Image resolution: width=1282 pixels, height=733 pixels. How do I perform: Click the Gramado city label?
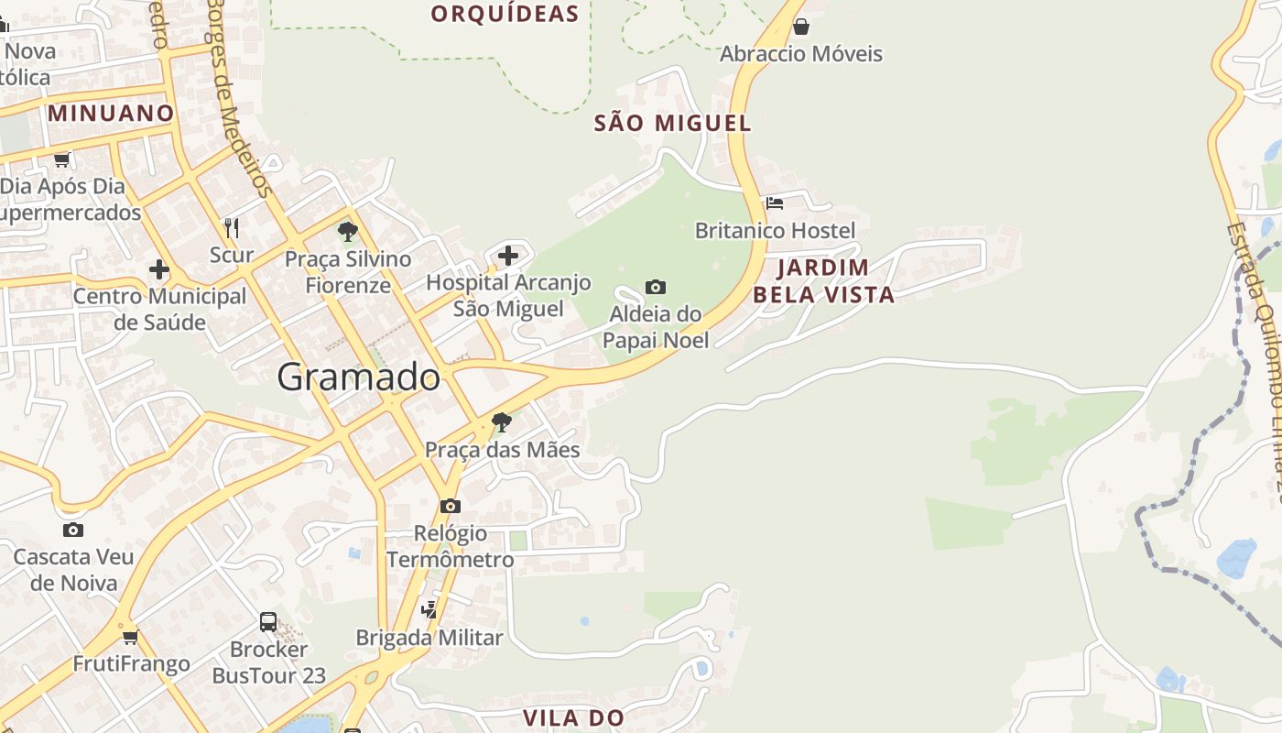[x=358, y=377]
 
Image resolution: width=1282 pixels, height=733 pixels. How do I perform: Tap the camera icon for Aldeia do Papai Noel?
[x=656, y=288]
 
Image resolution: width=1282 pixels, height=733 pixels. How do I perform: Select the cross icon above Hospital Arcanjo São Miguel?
[x=508, y=256]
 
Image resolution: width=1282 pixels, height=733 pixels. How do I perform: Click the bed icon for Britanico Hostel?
[x=775, y=203]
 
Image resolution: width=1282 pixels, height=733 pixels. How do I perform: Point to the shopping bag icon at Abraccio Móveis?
[x=801, y=27]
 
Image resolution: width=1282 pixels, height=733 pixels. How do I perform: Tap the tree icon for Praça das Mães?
[x=501, y=422]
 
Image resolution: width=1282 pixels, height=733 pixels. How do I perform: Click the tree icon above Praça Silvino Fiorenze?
[x=347, y=232]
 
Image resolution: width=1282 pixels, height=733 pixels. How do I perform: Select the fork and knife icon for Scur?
[x=232, y=227]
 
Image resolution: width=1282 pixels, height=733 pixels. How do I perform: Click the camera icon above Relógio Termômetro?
[x=450, y=506]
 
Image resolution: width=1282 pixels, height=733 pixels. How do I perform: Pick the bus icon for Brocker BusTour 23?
[x=268, y=622]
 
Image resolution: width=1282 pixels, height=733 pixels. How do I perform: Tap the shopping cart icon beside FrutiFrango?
[x=130, y=637]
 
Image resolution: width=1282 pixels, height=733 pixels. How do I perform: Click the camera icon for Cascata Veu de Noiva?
[x=73, y=530]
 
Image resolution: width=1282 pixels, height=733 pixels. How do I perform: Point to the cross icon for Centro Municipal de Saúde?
[x=159, y=269]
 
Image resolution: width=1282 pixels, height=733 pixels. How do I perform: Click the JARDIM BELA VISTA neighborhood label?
[x=822, y=281]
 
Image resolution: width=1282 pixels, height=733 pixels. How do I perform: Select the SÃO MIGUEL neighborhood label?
[x=672, y=123]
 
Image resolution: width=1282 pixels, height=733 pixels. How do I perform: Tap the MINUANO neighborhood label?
[x=111, y=114]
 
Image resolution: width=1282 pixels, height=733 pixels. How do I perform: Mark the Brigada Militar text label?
[x=429, y=638]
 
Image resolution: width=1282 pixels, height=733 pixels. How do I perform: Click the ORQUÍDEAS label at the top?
[x=505, y=14]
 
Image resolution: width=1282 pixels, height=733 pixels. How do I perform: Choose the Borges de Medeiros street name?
[x=240, y=96]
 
